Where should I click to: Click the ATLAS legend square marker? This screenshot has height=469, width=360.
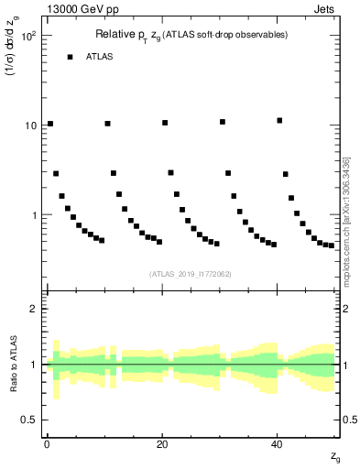70,57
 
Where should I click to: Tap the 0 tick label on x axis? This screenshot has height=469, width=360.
47,443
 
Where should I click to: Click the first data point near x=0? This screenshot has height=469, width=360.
50,124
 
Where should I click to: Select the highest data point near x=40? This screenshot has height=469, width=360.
279,120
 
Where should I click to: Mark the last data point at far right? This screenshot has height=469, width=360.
332,245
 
